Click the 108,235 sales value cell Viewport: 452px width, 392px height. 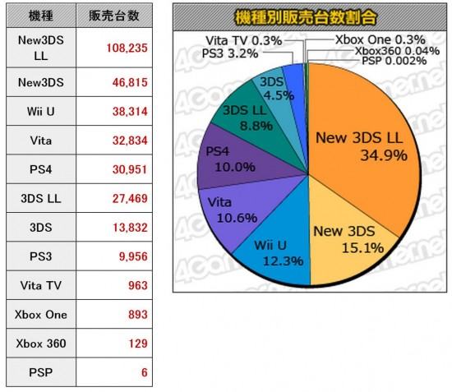coord(114,48)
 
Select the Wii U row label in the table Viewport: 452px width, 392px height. coord(41,111)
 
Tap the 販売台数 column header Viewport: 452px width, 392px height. coord(114,16)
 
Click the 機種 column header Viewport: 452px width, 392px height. coord(41,16)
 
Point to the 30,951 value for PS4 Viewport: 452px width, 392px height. coord(130,169)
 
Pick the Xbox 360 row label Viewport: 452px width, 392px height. coord(41,344)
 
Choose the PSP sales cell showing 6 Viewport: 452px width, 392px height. coord(114,372)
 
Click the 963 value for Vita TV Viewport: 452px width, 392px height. coord(138,285)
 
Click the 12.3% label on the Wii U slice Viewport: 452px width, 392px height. coord(283,261)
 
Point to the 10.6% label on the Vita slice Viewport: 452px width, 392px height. coord(237,218)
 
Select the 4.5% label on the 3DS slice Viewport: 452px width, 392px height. coord(279,95)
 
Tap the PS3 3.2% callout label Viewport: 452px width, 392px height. coord(230,53)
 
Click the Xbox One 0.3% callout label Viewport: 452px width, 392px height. coord(381,39)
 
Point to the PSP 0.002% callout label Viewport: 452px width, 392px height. coord(394,61)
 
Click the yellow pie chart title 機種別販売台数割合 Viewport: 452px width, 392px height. coord(306,17)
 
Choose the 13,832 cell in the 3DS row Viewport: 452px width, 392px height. coord(130,228)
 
